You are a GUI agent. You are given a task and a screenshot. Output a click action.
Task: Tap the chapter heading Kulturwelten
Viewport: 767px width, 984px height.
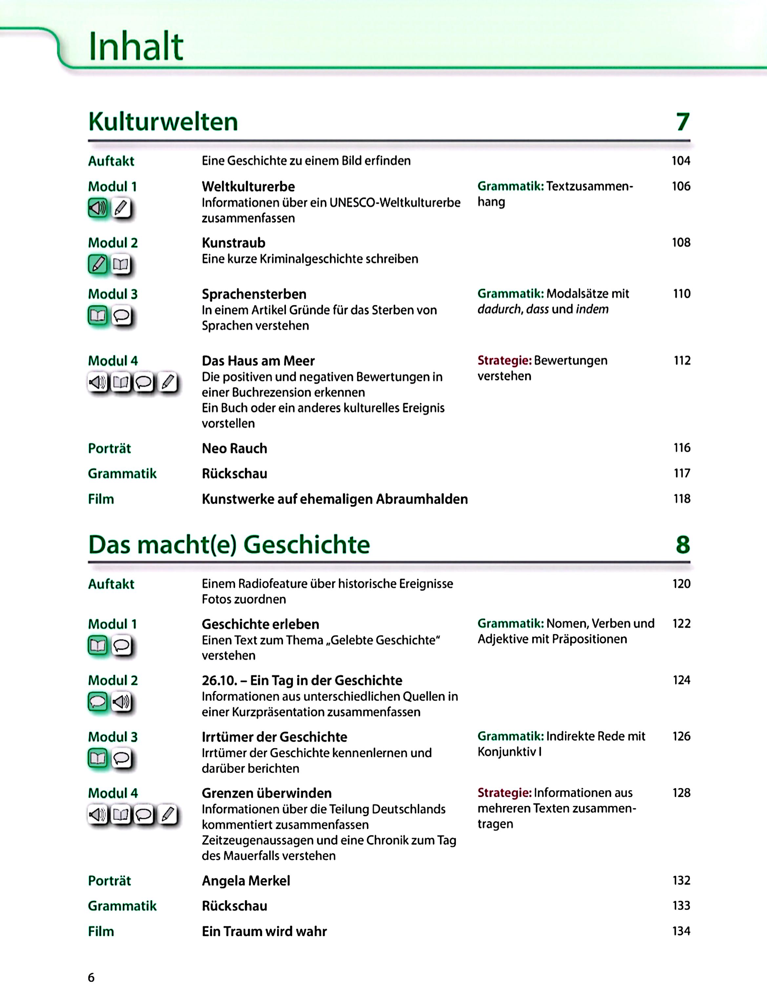(x=163, y=122)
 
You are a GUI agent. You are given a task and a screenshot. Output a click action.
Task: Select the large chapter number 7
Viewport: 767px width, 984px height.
(x=683, y=122)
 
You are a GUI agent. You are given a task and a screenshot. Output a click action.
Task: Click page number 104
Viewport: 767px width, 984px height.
(x=680, y=161)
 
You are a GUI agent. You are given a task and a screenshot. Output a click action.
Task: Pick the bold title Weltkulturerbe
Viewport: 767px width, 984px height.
(x=248, y=187)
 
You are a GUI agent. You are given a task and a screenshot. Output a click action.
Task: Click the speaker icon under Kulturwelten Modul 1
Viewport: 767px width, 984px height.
(x=98, y=208)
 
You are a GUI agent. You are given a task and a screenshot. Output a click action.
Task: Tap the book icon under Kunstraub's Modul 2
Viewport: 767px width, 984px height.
(x=121, y=264)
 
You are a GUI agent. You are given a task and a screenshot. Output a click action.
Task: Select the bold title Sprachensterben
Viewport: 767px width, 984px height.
(x=254, y=294)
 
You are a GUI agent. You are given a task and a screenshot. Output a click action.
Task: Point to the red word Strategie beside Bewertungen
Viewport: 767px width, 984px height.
(x=504, y=360)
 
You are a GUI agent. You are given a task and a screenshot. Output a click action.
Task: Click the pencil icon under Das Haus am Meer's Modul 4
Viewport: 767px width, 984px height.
(x=168, y=383)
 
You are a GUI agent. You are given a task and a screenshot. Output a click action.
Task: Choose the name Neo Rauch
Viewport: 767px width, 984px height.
(x=234, y=448)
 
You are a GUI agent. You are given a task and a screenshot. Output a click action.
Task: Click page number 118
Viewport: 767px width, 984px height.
(x=681, y=499)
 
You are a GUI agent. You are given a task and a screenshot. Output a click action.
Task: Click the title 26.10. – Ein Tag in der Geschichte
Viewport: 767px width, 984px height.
(x=302, y=680)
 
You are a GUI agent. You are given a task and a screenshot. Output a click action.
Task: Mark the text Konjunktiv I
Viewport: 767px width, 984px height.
(x=509, y=752)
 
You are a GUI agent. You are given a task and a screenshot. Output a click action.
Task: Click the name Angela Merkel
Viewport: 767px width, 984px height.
(x=246, y=880)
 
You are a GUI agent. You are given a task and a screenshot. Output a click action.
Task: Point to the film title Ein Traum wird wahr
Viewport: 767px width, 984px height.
(x=264, y=931)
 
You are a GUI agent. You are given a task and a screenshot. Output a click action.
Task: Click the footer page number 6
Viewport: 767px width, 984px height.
(x=91, y=977)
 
